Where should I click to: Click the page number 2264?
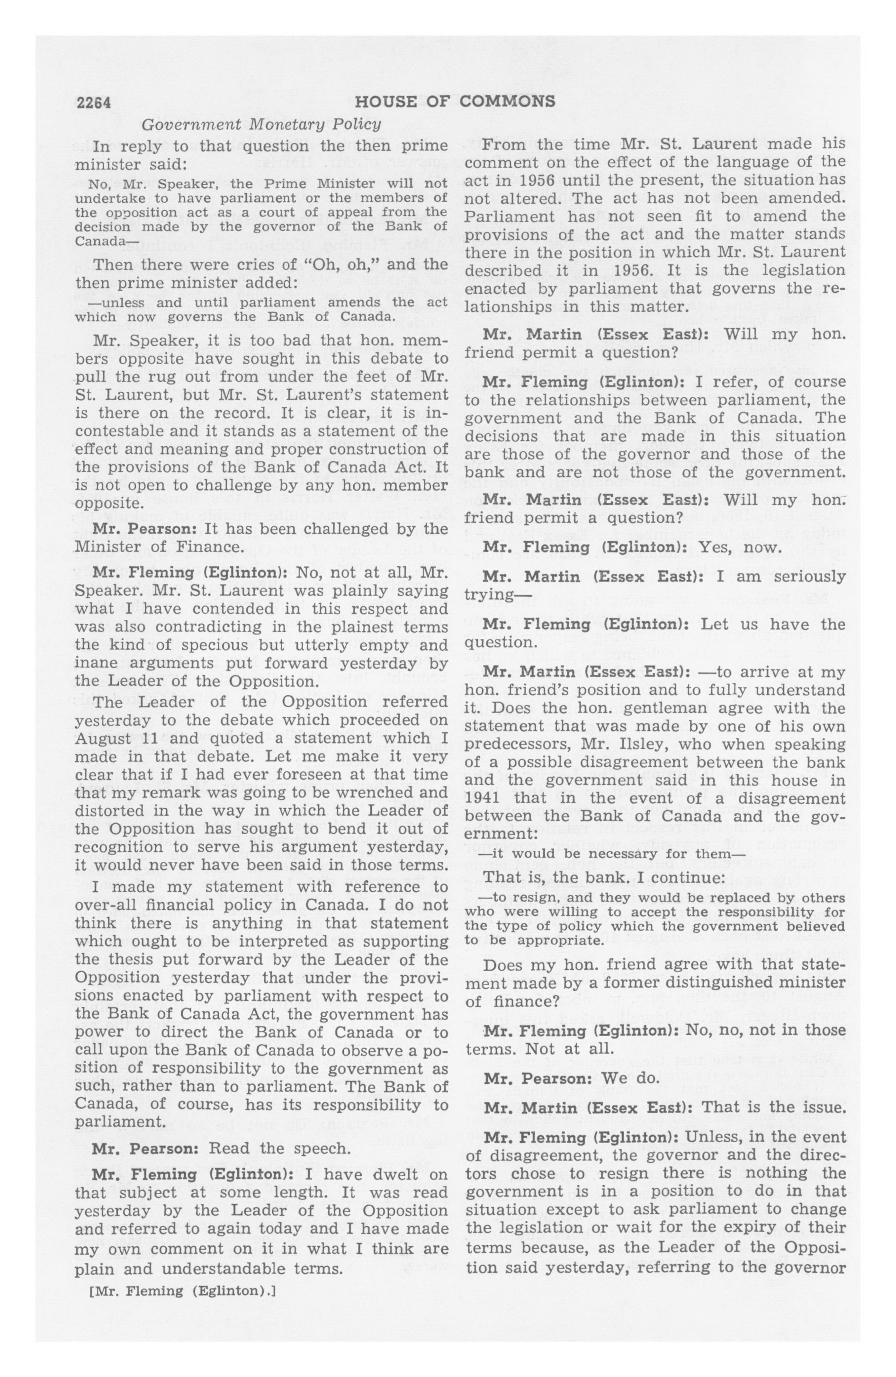pyautogui.click(x=93, y=102)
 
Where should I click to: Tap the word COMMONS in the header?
pyautogui.click(x=507, y=102)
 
